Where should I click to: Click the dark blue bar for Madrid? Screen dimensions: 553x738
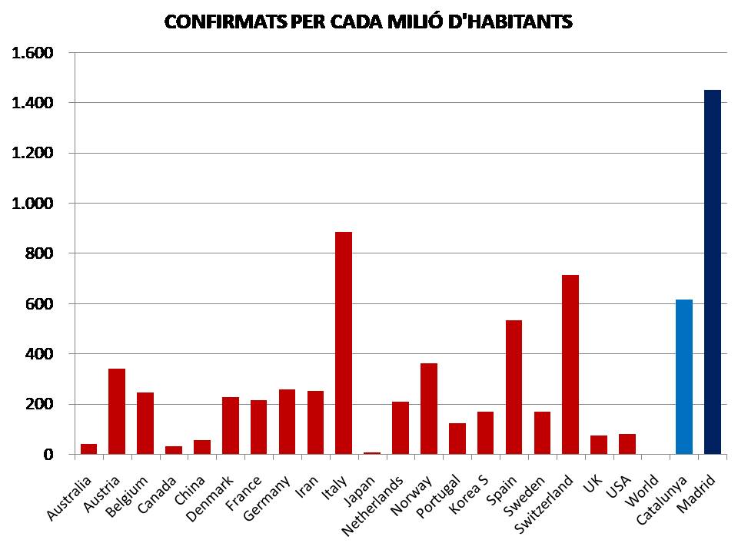coord(713,272)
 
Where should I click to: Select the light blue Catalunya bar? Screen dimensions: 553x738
coord(684,377)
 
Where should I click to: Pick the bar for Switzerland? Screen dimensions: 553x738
coord(570,364)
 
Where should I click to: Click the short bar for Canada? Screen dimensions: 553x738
coord(174,449)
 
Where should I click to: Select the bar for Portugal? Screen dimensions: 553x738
coord(457,439)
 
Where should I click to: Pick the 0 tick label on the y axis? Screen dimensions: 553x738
coord(48,455)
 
